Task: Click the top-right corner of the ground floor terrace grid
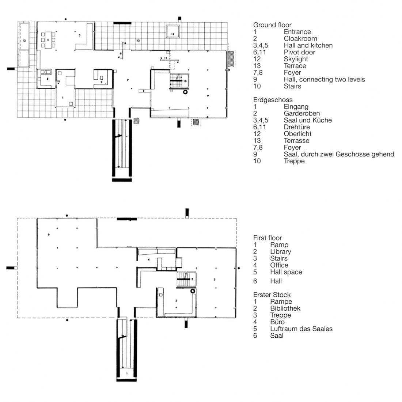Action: (x=227, y=22)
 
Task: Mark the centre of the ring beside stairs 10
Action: (x=185, y=92)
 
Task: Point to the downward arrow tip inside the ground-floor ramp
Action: (x=118, y=167)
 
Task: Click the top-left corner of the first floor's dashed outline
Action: (x=17, y=218)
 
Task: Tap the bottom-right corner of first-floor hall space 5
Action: (x=236, y=317)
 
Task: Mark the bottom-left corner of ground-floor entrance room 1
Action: (x=56, y=107)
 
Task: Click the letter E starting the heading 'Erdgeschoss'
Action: (x=255, y=100)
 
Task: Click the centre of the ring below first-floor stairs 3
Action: (x=193, y=291)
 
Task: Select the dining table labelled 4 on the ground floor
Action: (x=48, y=40)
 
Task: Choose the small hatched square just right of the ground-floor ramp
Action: (x=136, y=121)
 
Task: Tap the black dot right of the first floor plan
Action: (x=239, y=268)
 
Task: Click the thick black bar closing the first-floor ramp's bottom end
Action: (x=127, y=380)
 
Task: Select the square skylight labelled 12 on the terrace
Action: (x=172, y=31)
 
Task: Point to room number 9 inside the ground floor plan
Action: (x=208, y=96)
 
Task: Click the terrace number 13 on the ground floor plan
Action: (x=138, y=41)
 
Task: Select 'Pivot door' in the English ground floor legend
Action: (x=299, y=52)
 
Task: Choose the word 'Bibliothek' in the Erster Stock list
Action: (x=285, y=308)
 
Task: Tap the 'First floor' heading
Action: (x=268, y=238)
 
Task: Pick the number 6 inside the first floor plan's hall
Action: (x=49, y=234)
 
